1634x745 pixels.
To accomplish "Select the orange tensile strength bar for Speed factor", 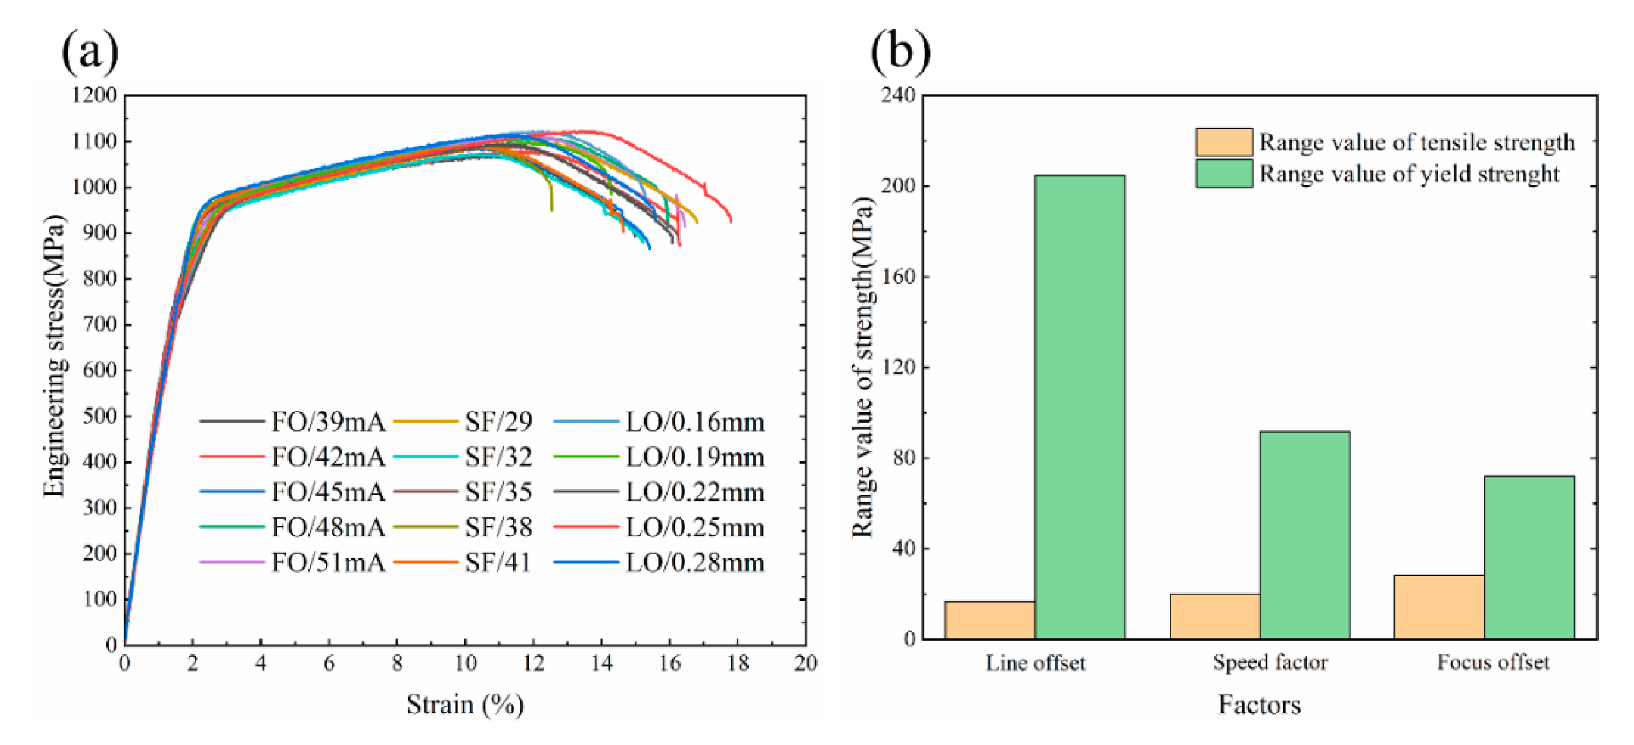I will click(x=1215, y=616).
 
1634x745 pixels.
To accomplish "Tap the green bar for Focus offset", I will click(x=1529, y=557).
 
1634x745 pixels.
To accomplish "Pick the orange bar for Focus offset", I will click(x=1439, y=607).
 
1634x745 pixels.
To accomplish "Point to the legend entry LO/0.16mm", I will click(x=695, y=422).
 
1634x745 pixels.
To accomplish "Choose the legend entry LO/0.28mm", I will click(x=695, y=563).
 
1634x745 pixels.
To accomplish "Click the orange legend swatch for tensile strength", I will click(x=1224, y=142).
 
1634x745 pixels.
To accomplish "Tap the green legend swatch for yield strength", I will click(x=1224, y=174).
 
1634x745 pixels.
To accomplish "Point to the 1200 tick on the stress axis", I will click(x=94, y=96).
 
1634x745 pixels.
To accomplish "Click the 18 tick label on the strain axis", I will click(x=738, y=663).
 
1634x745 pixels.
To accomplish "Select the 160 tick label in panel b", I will click(x=898, y=277).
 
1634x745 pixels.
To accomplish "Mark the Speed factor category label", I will click(x=1270, y=663).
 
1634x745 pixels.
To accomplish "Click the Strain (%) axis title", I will click(x=465, y=705).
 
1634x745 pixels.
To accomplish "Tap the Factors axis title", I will click(x=1259, y=705).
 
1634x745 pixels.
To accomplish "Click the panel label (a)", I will click(x=90, y=51).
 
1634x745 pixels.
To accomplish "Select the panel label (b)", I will click(x=900, y=51).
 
